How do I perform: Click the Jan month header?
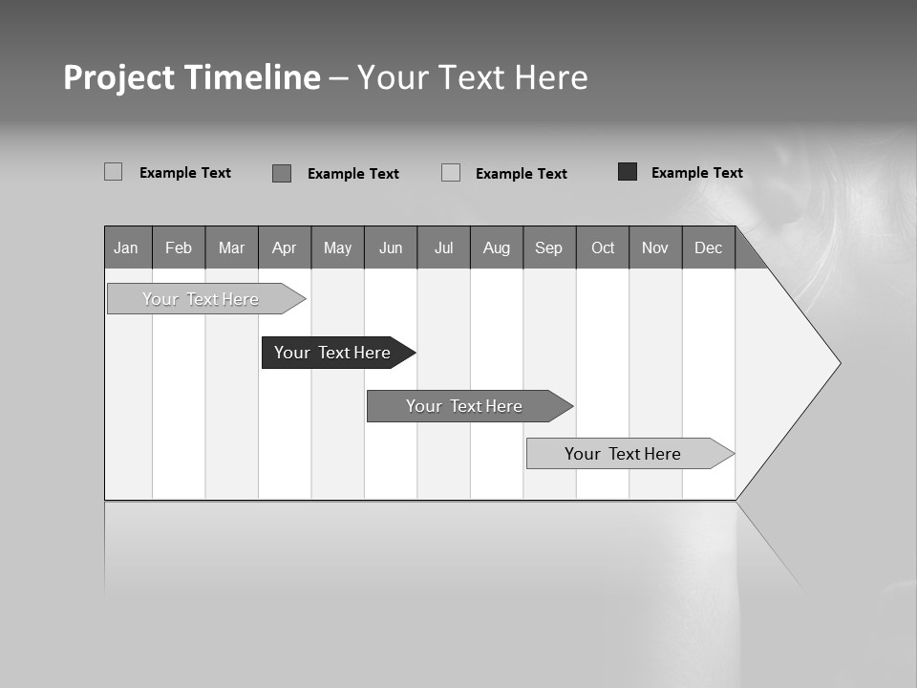(126, 247)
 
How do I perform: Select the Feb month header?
(179, 247)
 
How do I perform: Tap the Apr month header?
(284, 247)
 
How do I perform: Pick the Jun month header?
(391, 247)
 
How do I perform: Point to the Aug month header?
(497, 247)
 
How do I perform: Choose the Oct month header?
(603, 247)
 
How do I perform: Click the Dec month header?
(709, 247)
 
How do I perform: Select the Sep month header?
(549, 247)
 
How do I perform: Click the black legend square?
(628, 172)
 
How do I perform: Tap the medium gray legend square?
(282, 173)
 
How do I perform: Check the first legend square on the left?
(114, 172)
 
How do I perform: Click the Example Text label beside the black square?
(696, 173)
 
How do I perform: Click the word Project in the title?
(118, 77)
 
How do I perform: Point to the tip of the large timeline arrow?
(838, 363)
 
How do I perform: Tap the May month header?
(337, 247)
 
